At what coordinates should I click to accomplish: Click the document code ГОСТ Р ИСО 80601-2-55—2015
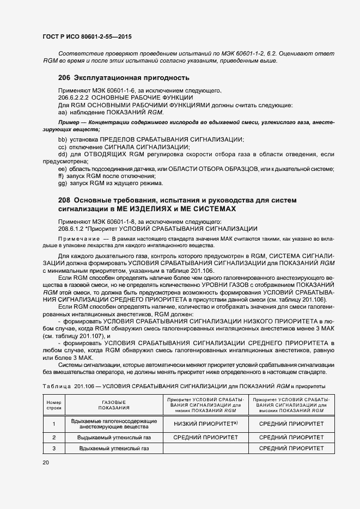point(87,36)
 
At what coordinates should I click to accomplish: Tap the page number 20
point(45,463)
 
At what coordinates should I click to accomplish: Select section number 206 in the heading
point(64,77)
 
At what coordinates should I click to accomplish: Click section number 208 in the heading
point(64,200)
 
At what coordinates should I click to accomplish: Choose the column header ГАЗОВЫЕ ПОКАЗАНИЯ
point(114,404)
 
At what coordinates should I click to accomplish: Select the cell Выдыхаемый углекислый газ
point(114,437)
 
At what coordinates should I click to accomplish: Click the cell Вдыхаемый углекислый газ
point(114,448)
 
